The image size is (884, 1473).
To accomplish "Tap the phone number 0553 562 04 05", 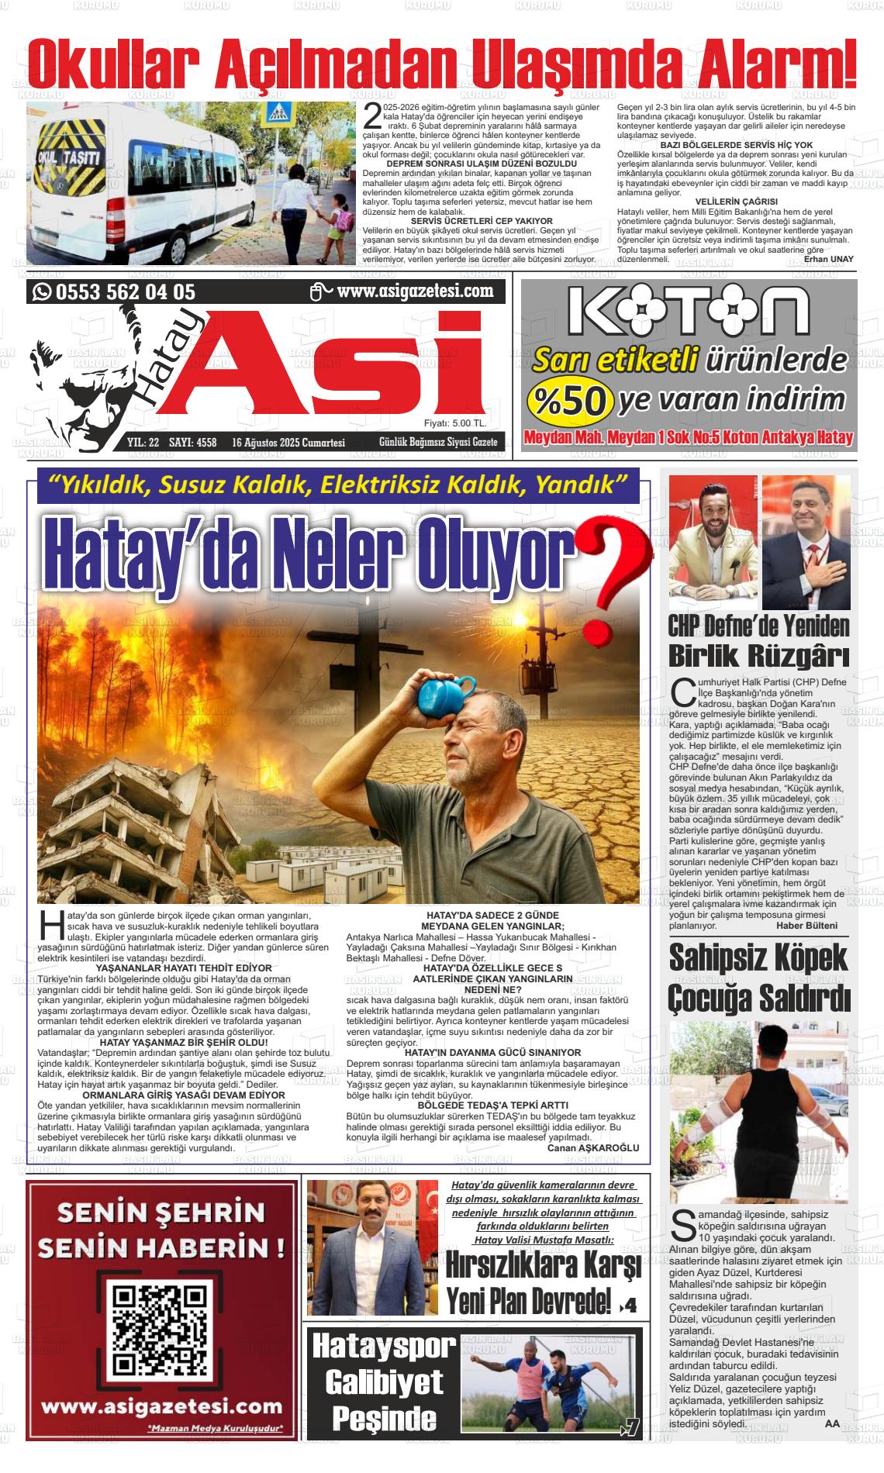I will point(125,292).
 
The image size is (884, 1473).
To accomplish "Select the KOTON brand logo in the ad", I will point(689,310).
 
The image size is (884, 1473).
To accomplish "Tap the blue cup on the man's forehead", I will point(446,692).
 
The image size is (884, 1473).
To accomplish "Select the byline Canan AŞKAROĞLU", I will point(593,1147).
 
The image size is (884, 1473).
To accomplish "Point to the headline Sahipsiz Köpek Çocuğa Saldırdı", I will point(759,978).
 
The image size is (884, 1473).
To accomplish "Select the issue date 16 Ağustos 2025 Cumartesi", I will point(288,443).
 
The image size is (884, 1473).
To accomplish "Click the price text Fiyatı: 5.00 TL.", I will point(455,424).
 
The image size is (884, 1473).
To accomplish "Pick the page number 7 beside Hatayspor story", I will point(631,1428).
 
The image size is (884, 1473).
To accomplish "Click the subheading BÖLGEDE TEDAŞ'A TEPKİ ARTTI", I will point(492,1105).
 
